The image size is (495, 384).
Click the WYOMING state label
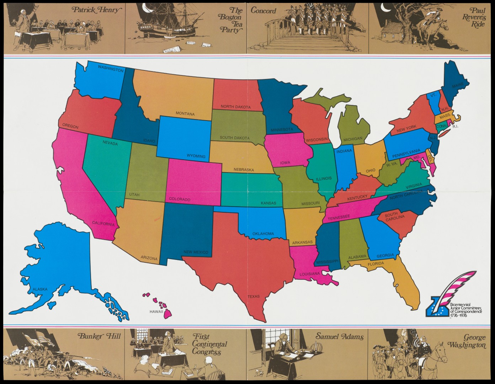point(196,156)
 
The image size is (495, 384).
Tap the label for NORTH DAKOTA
point(235,107)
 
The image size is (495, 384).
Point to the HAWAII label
point(156,312)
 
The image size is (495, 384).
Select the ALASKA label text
point(40,289)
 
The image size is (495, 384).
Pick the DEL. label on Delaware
point(430,157)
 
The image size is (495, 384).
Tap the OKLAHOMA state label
point(263,234)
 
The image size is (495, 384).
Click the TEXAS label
point(254,296)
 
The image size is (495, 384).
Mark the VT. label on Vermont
point(433,95)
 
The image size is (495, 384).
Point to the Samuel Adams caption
point(340,336)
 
